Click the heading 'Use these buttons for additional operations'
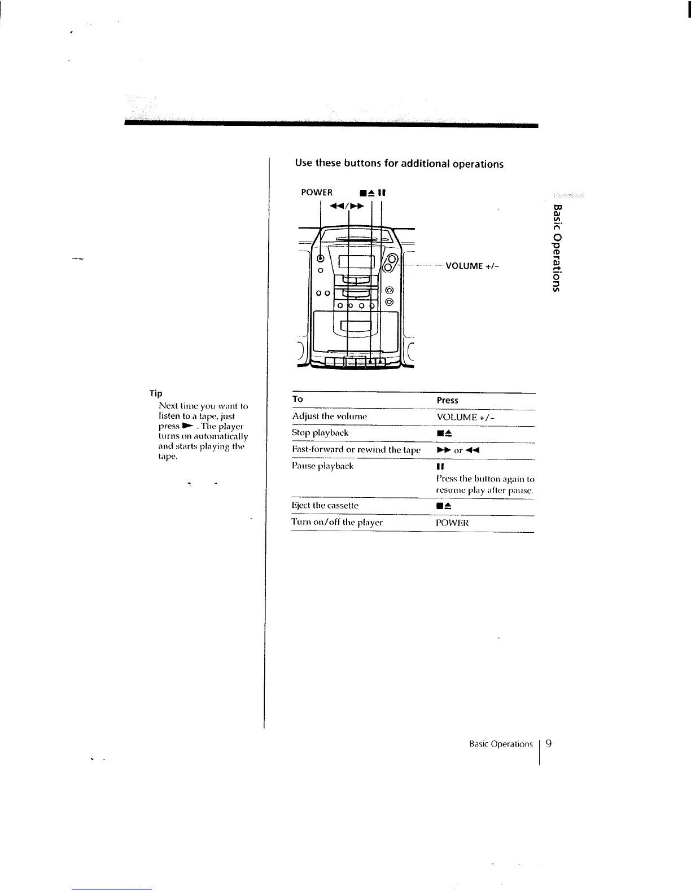point(399,164)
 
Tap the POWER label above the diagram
point(317,192)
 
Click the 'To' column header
point(298,399)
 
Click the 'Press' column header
point(447,400)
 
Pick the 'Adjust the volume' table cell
point(330,417)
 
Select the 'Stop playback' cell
point(320,433)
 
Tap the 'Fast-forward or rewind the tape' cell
point(356,450)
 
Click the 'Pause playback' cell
point(322,466)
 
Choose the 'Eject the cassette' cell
point(325,506)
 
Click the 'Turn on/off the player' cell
point(337,523)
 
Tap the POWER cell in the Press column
point(452,523)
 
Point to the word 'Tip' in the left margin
point(156,393)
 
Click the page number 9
point(548,743)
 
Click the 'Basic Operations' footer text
point(501,744)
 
